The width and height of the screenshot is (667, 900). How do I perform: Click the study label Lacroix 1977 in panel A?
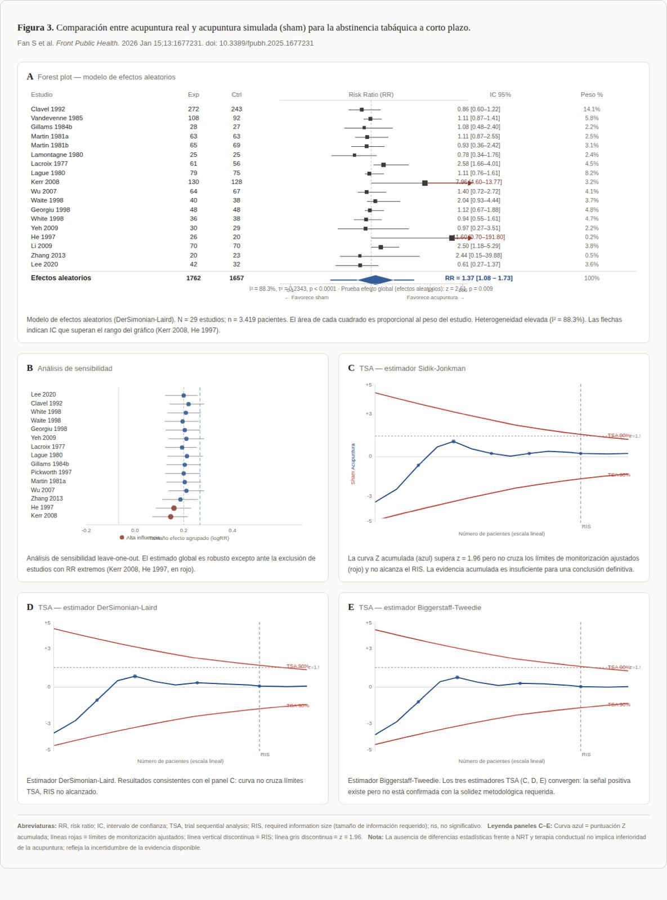tap(49, 164)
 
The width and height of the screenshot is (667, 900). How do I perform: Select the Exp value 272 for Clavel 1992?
tap(193, 109)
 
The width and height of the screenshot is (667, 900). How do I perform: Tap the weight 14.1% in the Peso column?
tap(592, 109)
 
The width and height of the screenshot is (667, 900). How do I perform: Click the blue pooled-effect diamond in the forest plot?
tap(375, 280)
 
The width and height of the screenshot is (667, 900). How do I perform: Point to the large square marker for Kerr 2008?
tap(425, 183)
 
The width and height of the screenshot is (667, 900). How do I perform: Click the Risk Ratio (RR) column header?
tap(371, 94)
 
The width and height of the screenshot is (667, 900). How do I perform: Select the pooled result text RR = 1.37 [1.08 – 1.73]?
tap(478, 278)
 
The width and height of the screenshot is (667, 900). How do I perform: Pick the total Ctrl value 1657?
tap(236, 278)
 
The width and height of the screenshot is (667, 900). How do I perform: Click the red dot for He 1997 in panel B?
tap(174, 508)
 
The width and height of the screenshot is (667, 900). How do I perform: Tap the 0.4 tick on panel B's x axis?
tap(232, 530)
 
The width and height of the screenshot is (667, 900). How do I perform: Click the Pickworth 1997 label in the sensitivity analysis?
tap(51, 472)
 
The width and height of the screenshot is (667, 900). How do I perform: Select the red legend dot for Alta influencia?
tap(122, 538)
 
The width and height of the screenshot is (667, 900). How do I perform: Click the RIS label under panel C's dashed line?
tap(586, 526)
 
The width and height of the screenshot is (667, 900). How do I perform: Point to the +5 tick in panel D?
tap(47, 623)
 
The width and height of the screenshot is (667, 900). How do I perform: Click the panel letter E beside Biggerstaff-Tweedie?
tap(351, 607)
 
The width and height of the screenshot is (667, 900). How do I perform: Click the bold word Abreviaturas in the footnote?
tap(37, 826)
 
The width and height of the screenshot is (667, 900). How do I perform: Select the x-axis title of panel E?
tap(502, 761)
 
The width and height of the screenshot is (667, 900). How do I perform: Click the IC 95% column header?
tap(500, 94)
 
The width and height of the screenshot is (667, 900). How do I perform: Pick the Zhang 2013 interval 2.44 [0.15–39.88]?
tap(478, 255)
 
